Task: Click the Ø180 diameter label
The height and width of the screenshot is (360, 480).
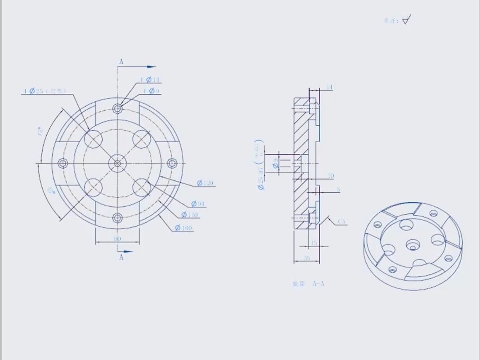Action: coord(184,228)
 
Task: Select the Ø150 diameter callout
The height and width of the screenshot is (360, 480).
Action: coord(190,215)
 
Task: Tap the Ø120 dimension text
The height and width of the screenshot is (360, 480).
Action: coord(205,183)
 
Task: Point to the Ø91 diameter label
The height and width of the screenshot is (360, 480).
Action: coord(198,204)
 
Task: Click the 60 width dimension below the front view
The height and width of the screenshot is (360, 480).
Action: coord(117,239)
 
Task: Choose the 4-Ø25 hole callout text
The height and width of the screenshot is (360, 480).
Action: coord(44,91)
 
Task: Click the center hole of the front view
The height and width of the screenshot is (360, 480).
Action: coord(117,163)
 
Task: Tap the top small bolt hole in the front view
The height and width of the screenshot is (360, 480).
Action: coord(117,108)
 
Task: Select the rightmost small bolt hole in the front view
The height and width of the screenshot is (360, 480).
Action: coord(172,164)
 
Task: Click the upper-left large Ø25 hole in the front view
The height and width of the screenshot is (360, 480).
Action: coord(93,139)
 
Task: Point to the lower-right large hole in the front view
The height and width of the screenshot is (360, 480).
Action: coord(141,187)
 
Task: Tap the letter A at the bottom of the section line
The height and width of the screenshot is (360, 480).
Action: coord(121,257)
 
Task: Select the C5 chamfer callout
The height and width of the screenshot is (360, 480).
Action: coord(341,221)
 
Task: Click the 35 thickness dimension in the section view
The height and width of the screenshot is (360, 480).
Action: coord(307,258)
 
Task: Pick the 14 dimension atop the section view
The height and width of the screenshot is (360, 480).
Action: coord(329,87)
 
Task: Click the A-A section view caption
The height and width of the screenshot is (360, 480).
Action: coord(308,284)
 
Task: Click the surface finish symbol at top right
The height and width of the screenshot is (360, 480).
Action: coord(406,20)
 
